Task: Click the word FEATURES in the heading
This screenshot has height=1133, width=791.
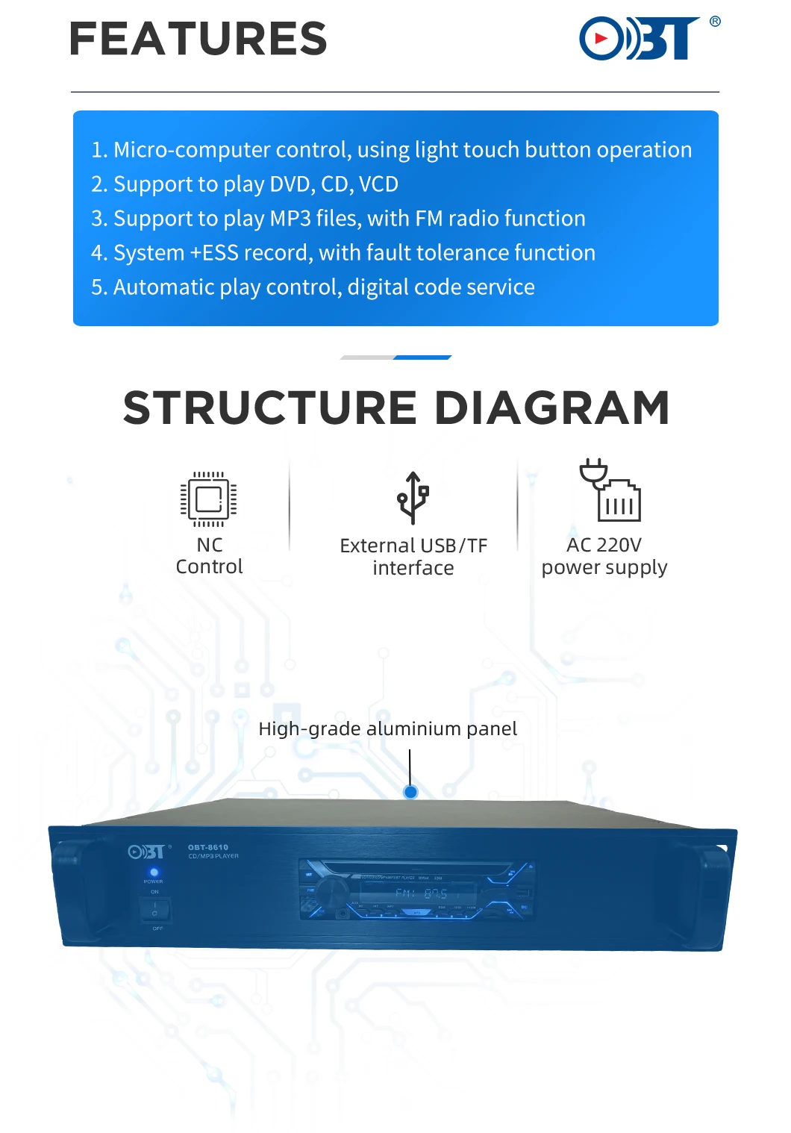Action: pos(198,40)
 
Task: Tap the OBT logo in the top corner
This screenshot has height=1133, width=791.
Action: pos(640,38)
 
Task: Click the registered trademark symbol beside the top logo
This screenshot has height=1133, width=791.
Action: pos(715,22)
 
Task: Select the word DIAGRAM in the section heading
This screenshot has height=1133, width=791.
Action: pos(551,408)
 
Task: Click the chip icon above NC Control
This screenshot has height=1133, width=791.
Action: pos(209,499)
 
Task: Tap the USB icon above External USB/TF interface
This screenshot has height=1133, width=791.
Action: pos(413,498)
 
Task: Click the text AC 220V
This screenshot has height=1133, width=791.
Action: pos(604,545)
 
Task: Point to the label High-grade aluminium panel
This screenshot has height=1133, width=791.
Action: pos(387,728)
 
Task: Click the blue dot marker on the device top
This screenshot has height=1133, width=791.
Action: pos(410,792)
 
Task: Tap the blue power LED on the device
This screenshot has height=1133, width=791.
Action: pos(154,872)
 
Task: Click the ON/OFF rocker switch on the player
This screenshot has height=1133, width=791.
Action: pos(155,910)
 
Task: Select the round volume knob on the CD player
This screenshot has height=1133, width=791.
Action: pos(329,891)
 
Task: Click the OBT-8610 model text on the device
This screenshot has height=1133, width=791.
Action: pos(208,847)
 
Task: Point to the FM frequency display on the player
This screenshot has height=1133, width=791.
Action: pos(422,893)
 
